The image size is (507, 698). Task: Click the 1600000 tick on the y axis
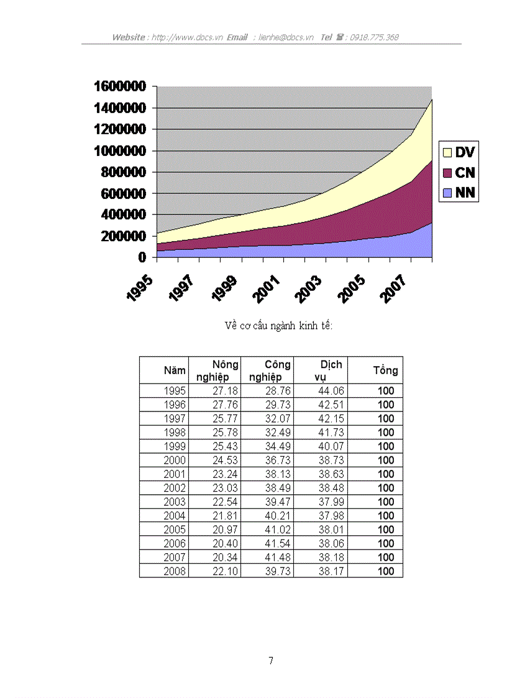pyautogui.click(x=120, y=86)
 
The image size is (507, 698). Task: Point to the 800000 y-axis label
pyautogui.click(x=120, y=172)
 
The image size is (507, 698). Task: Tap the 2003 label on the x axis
pyautogui.click(x=308, y=290)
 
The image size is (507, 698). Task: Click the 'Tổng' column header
pyautogui.click(x=385, y=370)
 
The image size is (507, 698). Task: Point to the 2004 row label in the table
pyautogui.click(x=175, y=516)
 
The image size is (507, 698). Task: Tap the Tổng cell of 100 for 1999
pyautogui.click(x=386, y=446)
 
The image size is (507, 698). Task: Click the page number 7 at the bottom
pyautogui.click(x=270, y=661)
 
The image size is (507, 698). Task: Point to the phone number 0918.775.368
pyautogui.click(x=374, y=37)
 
